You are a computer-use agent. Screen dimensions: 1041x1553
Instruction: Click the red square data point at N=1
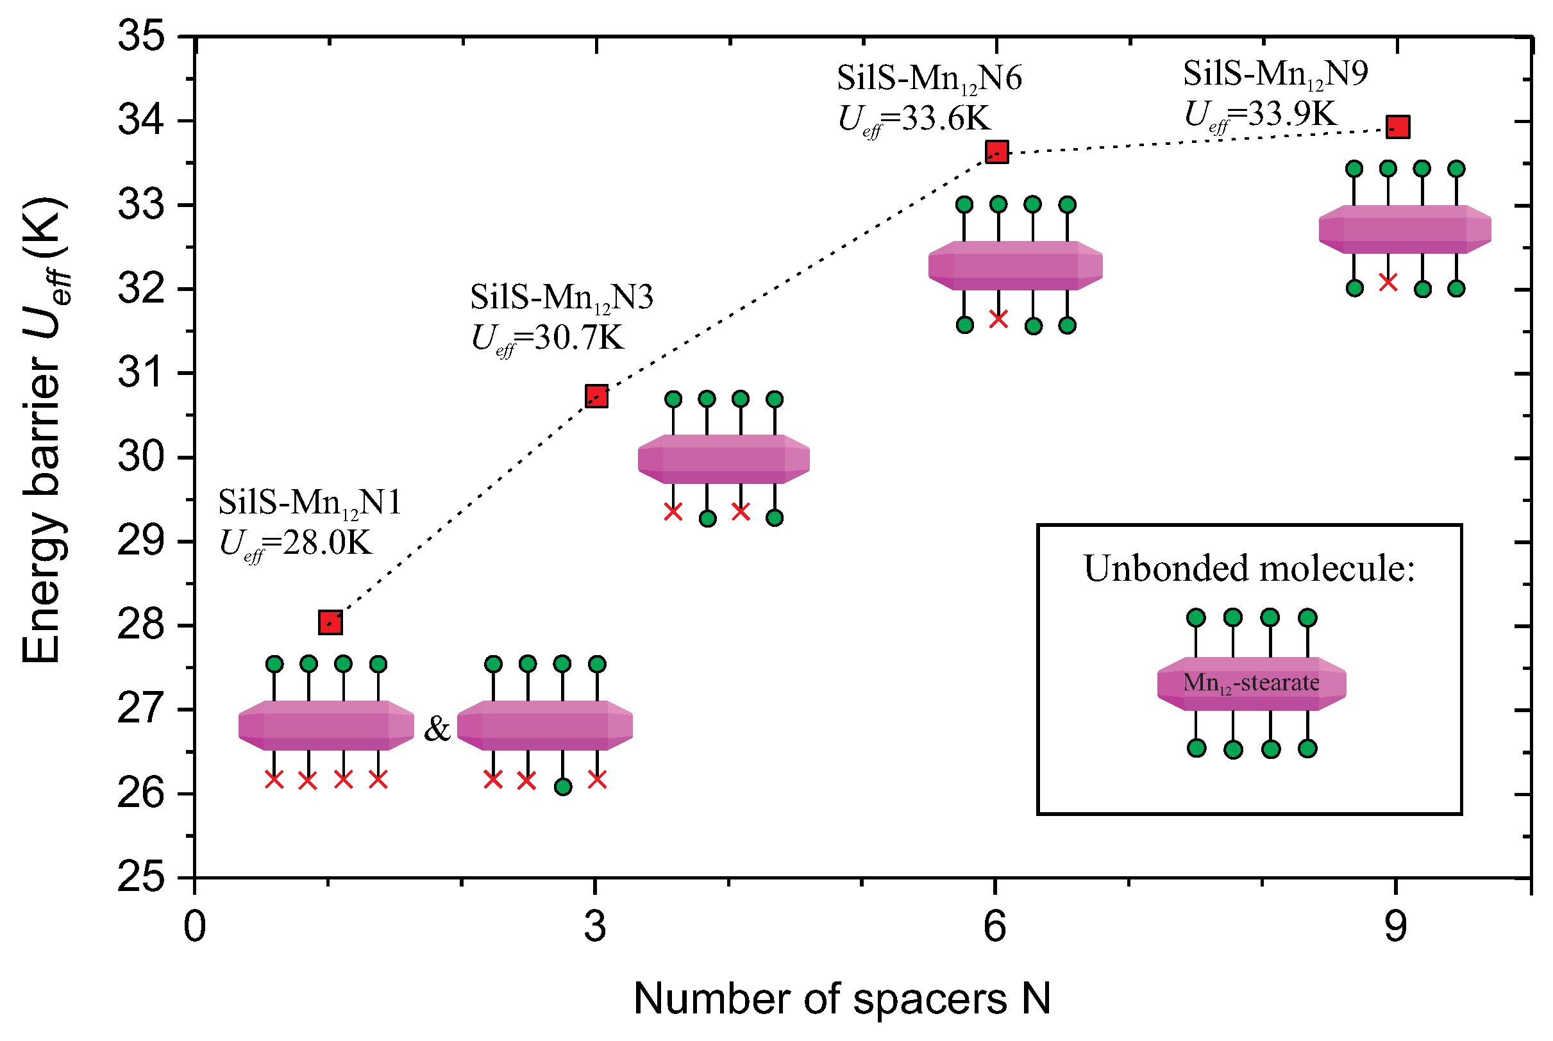tap(330, 623)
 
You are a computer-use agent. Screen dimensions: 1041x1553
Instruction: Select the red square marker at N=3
tap(596, 396)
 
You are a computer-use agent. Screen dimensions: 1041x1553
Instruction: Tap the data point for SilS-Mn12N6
tap(996, 151)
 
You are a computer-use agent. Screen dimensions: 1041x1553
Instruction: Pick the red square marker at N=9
tap(1398, 126)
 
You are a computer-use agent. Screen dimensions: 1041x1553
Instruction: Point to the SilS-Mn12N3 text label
tap(562, 297)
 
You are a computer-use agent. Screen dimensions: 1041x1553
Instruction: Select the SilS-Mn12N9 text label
tap(1275, 74)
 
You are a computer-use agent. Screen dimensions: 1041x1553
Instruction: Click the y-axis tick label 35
tap(141, 36)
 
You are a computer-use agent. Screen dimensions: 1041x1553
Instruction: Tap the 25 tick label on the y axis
tap(141, 878)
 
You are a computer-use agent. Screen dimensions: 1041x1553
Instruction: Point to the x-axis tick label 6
tap(995, 927)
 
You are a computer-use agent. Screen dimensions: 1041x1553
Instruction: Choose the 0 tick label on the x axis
tap(194, 927)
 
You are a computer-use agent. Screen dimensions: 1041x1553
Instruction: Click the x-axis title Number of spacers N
tap(842, 999)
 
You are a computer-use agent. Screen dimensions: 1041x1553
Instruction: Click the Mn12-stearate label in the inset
tap(1251, 683)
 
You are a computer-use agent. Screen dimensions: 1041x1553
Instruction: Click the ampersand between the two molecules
tap(437, 729)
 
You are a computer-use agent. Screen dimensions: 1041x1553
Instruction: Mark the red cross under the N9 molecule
tap(1388, 282)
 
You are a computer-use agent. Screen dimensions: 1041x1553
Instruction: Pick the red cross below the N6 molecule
tap(998, 319)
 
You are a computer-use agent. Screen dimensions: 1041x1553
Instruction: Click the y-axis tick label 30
tap(141, 458)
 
